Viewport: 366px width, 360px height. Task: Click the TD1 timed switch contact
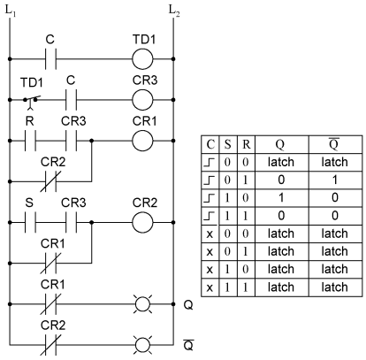[x=31, y=102]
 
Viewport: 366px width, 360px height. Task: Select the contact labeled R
[x=30, y=141]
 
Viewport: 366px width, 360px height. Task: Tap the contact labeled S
[x=30, y=222]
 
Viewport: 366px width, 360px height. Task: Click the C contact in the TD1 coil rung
[x=50, y=59]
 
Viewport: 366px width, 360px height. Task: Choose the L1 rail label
[x=11, y=11]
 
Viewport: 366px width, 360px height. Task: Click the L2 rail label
[x=174, y=11]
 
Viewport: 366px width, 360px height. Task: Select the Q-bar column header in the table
[x=334, y=143]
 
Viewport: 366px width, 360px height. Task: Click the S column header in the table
[x=228, y=144]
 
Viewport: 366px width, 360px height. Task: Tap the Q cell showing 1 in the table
[x=281, y=197]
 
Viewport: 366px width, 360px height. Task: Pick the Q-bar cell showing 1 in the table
[x=334, y=180]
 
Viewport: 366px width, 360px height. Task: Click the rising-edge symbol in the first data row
[x=210, y=162]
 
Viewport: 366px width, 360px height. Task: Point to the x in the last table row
[x=210, y=287]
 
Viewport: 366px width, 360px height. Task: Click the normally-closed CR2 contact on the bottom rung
[x=50, y=345]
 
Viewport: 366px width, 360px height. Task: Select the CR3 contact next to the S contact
[x=71, y=222]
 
